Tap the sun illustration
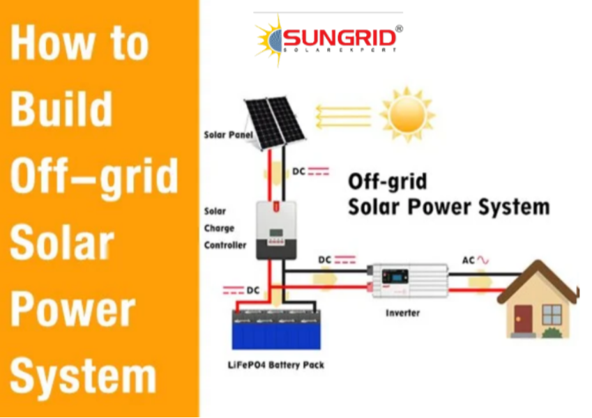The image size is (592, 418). (407, 114)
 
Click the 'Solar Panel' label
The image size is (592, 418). (229, 134)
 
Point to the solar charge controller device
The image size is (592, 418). (276, 230)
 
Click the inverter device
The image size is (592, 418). (408, 280)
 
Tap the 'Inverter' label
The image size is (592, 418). (402, 313)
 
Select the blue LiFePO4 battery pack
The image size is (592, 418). (276, 330)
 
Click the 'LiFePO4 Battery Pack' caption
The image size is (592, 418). (276, 365)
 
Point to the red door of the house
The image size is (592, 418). (523, 319)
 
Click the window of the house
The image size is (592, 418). (552, 315)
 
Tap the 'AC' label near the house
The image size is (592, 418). (468, 261)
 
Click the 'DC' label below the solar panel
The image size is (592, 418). (298, 171)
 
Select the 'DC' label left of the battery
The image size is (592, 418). (253, 290)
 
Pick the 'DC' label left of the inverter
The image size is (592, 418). (325, 260)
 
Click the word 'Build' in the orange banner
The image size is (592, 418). (61, 109)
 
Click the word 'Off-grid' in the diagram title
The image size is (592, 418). (388, 182)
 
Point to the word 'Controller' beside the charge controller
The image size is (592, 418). (225, 245)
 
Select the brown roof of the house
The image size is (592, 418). (538, 281)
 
